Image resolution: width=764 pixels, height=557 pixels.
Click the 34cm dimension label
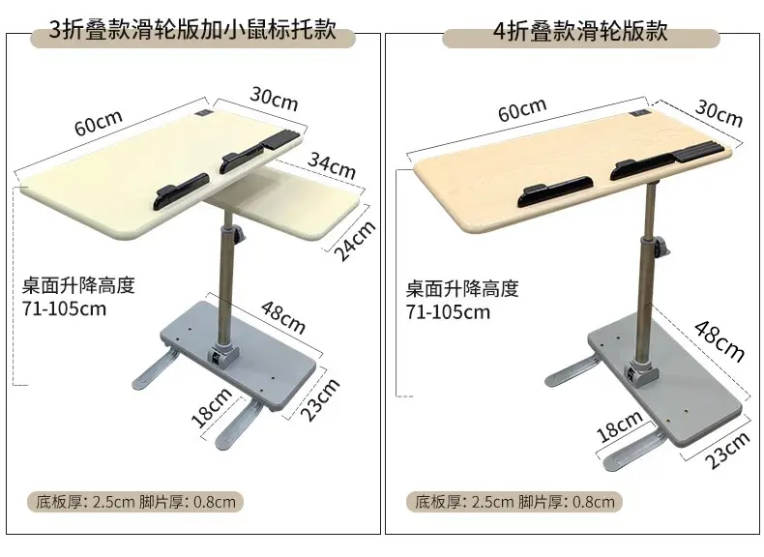[x=332, y=165]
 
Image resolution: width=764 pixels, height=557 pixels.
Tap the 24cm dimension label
[x=355, y=240]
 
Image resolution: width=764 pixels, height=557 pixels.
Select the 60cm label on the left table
[x=98, y=122]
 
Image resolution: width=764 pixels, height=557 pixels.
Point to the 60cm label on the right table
[x=522, y=109]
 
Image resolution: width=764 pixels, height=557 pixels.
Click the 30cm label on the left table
[x=274, y=99]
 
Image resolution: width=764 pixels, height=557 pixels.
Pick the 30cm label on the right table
[x=719, y=113]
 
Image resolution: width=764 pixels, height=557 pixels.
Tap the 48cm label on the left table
[x=283, y=317]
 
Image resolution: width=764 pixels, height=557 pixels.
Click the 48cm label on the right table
[x=720, y=341]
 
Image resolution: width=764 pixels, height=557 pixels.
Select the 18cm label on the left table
[x=212, y=407]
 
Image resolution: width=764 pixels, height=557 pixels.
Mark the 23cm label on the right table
[x=727, y=451]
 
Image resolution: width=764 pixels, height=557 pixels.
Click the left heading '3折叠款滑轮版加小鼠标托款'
[x=192, y=30]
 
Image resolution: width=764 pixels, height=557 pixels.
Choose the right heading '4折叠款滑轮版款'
[x=580, y=31]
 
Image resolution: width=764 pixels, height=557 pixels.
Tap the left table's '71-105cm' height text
[x=64, y=308]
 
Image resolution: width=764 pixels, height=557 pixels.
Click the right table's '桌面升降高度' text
[x=462, y=288]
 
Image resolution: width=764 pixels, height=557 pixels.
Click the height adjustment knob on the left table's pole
[x=239, y=235]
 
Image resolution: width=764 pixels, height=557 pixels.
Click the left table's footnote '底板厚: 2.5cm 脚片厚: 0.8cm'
[x=135, y=502]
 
